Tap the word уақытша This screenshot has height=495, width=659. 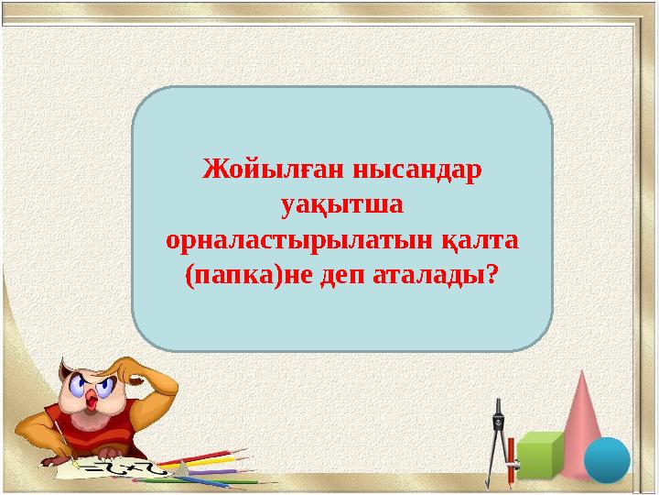342,205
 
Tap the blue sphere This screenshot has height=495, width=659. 607,459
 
